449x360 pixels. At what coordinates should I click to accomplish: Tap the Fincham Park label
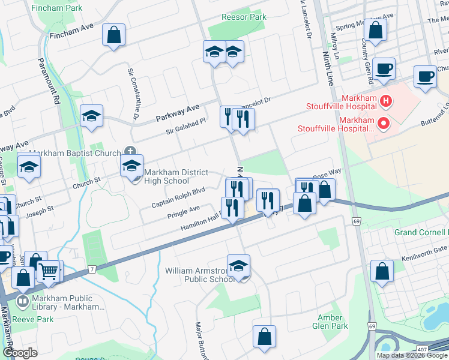coord(57,8)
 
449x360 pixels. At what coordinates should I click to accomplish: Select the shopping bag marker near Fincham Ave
coord(113,35)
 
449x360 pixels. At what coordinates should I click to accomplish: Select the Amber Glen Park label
coord(330,322)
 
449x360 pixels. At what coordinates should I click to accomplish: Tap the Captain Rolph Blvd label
coord(178,197)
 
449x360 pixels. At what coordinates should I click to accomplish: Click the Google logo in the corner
coord(20,352)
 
